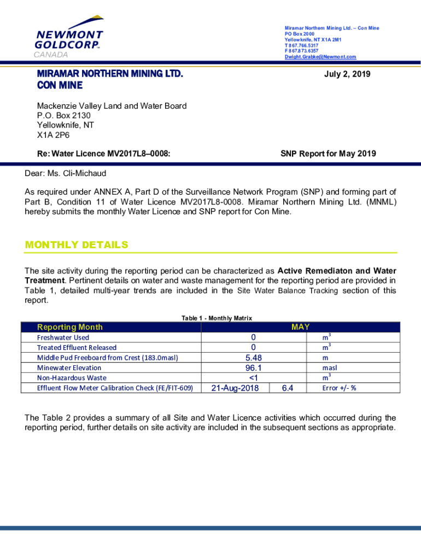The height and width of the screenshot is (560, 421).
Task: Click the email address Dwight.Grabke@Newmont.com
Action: (320, 57)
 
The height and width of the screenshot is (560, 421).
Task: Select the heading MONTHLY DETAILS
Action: (77, 245)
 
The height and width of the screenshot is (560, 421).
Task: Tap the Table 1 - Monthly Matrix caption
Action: (217, 318)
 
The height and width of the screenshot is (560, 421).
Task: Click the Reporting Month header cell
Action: (69, 327)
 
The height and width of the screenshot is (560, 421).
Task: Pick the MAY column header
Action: (300, 327)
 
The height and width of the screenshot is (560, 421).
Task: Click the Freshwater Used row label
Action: (63, 337)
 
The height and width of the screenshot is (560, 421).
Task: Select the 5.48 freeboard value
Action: (253, 358)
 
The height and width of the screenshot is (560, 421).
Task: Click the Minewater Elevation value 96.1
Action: (253, 368)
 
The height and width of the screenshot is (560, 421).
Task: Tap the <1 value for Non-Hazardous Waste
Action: (253, 378)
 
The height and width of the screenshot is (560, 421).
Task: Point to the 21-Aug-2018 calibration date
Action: (235, 388)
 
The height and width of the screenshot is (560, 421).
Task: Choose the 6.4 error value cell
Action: (288, 388)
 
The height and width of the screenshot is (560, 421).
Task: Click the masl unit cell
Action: (330, 368)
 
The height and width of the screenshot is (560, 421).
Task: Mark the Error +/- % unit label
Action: (339, 388)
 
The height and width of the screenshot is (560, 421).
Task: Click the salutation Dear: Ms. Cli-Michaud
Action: (66, 173)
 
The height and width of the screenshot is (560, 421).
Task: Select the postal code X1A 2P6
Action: (53, 135)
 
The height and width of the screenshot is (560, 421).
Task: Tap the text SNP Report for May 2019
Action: (328, 154)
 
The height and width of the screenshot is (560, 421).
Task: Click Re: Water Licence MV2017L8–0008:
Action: (103, 154)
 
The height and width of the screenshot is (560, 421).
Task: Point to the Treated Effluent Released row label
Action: (77, 347)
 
